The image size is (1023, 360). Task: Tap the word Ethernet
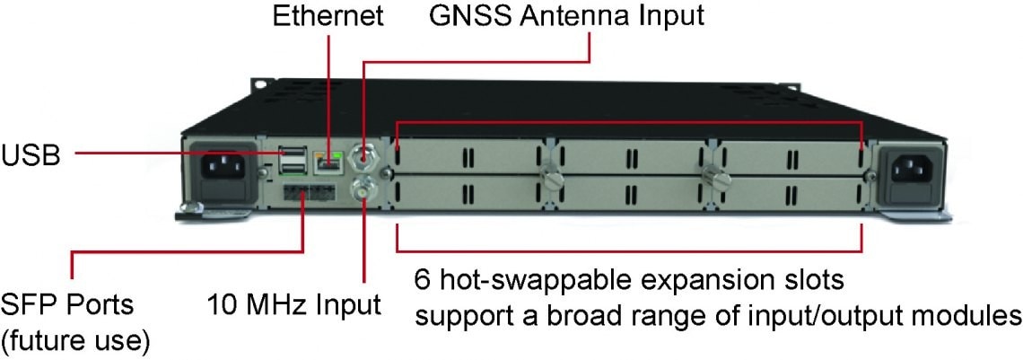328,16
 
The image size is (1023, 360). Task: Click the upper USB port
292,152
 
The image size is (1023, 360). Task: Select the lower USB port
292,167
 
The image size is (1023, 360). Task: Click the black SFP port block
305,192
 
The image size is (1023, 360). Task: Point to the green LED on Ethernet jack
337,154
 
